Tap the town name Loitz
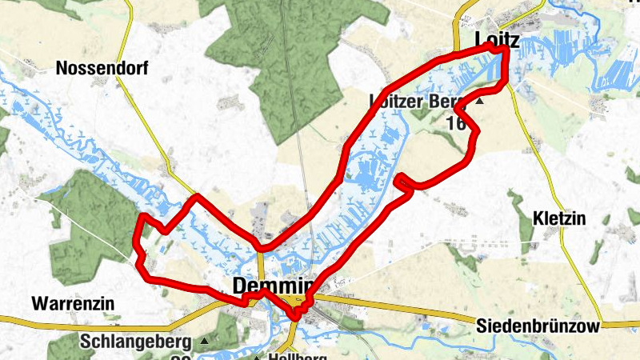coord(497,40)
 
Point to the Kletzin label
coord(559,218)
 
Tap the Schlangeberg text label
coord(136,342)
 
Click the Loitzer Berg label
coord(416,102)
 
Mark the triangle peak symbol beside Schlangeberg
coord(204,342)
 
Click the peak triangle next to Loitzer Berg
coord(479,102)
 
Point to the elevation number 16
coord(456,123)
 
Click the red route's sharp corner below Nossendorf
coord(196,196)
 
